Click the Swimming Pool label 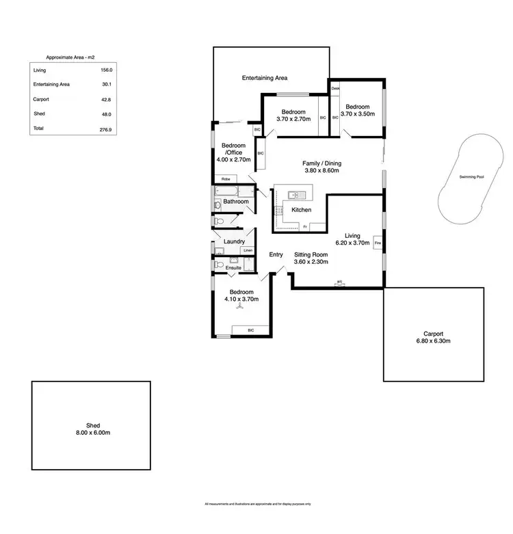471,177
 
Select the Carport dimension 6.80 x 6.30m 433,341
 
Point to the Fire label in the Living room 377,243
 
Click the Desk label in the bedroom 335,89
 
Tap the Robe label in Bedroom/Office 225,179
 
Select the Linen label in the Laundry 248,251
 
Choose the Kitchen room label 302,210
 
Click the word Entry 276,255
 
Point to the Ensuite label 233,267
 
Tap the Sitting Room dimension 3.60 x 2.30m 311,262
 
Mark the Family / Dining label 321,163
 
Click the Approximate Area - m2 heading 70,57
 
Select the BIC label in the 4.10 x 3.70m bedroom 250,330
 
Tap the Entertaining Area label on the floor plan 265,79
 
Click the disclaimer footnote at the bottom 256,505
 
